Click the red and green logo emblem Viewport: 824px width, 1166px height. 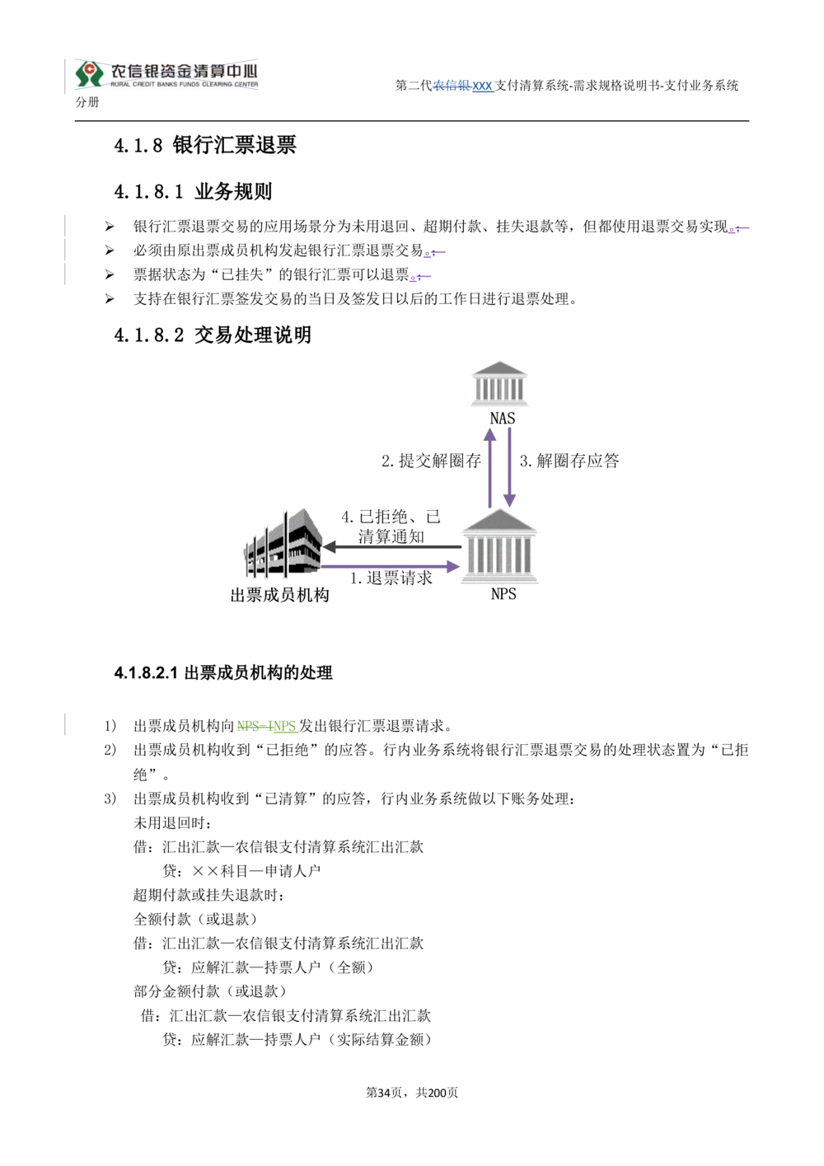click(x=88, y=73)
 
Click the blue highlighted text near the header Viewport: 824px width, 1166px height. click(x=464, y=86)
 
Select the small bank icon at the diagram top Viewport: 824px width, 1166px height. click(x=499, y=382)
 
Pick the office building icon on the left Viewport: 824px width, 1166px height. click(x=280, y=543)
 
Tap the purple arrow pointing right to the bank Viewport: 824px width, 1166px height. click(x=391, y=567)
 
